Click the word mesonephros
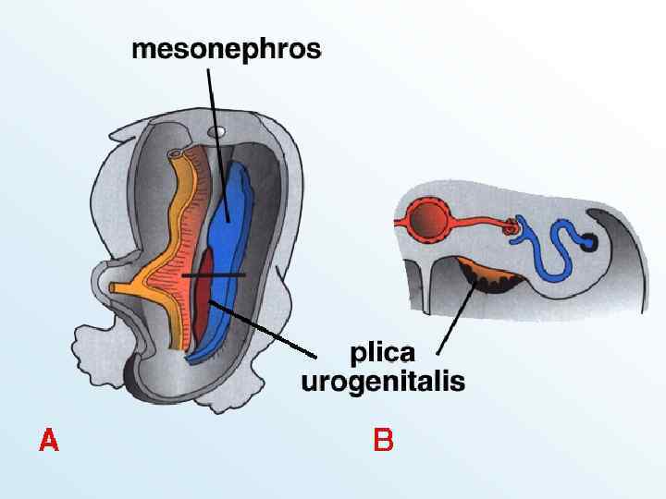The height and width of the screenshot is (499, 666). (x=227, y=49)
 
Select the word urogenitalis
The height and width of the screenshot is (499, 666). (x=383, y=382)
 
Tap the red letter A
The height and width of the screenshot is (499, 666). (x=49, y=440)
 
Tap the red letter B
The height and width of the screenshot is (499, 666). (x=383, y=440)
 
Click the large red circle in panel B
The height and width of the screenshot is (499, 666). (x=429, y=222)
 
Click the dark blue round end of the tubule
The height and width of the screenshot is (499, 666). (x=589, y=242)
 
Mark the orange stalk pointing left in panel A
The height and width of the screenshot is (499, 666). (x=129, y=287)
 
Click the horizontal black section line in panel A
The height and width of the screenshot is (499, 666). (x=214, y=275)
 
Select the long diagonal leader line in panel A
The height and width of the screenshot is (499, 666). (x=268, y=329)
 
